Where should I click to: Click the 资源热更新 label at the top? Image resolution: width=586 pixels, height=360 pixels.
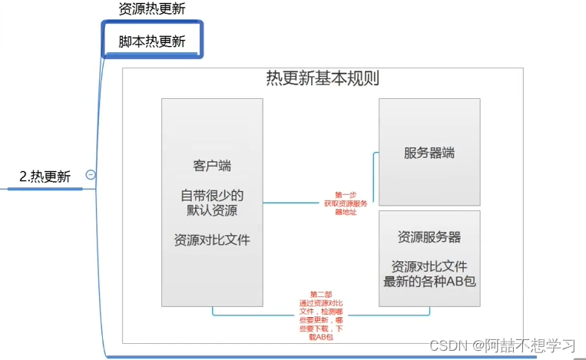(152, 9)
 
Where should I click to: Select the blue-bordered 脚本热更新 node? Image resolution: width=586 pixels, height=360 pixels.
(152, 41)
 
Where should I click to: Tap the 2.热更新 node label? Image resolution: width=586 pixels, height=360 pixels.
(45, 177)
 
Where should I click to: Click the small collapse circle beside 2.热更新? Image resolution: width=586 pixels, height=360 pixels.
(91, 175)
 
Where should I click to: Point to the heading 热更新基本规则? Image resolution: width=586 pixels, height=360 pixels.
(323, 78)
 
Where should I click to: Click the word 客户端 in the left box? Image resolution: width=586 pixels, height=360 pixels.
(212, 166)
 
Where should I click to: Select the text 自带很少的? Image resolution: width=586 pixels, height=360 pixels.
(212, 195)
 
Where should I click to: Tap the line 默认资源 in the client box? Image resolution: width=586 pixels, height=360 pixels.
(212, 210)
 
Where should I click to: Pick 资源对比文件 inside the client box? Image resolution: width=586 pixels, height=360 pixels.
(212, 239)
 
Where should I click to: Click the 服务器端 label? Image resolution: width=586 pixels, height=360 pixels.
(429, 152)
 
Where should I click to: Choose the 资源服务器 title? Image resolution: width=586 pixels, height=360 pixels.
(429, 236)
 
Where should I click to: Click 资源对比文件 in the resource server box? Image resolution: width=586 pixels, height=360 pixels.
(429, 266)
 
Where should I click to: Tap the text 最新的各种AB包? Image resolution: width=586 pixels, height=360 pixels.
(429, 281)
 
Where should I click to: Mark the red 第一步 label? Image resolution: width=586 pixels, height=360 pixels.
(346, 195)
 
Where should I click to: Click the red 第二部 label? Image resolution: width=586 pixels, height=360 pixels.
(321, 295)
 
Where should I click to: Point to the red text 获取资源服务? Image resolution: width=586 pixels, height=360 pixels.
(346, 203)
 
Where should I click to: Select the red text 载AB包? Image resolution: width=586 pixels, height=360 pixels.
(321, 338)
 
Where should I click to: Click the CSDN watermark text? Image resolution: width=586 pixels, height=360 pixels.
(448, 345)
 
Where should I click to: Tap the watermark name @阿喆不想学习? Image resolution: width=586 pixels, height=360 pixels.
(524, 345)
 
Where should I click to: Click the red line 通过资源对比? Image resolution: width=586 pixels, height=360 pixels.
(321, 303)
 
